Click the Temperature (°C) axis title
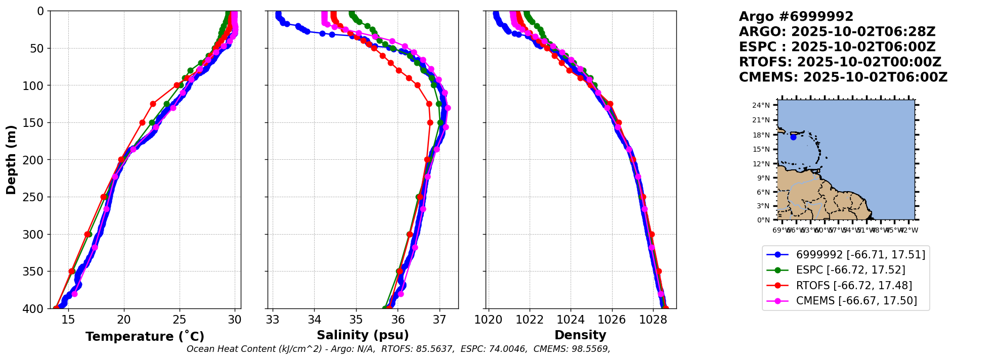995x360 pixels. tap(145, 337)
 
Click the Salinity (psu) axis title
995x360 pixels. tap(363, 335)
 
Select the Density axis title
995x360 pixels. tap(580, 335)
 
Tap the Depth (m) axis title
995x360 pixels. tap(11, 159)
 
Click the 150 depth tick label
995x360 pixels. tap(35, 122)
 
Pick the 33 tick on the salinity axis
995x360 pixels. tap(273, 320)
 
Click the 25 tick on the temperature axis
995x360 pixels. tap(179, 320)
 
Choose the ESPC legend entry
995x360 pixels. tap(850, 270)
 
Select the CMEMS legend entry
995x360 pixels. tap(856, 301)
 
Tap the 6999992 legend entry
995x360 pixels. tap(860, 255)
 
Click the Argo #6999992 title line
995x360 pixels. tap(796, 17)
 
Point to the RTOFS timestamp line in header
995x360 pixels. tap(840, 62)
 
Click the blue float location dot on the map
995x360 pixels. tap(793, 137)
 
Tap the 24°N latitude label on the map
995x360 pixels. tap(761, 106)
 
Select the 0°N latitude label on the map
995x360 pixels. tap(763, 220)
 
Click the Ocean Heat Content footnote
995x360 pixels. tap(398, 349)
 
